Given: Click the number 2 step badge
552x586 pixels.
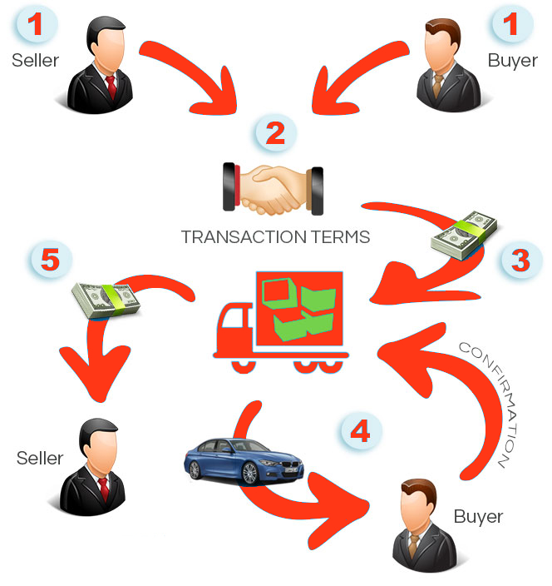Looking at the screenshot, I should (x=276, y=132).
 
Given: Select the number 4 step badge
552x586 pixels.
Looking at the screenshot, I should (x=360, y=431).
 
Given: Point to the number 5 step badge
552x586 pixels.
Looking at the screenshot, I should (x=50, y=261).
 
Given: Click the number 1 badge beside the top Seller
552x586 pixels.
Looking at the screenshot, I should (x=35, y=24).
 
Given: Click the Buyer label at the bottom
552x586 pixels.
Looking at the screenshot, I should (x=478, y=517).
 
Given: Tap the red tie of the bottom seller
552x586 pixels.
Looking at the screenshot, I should (x=103, y=487).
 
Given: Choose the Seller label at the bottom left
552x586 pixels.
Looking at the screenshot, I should (x=40, y=459).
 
